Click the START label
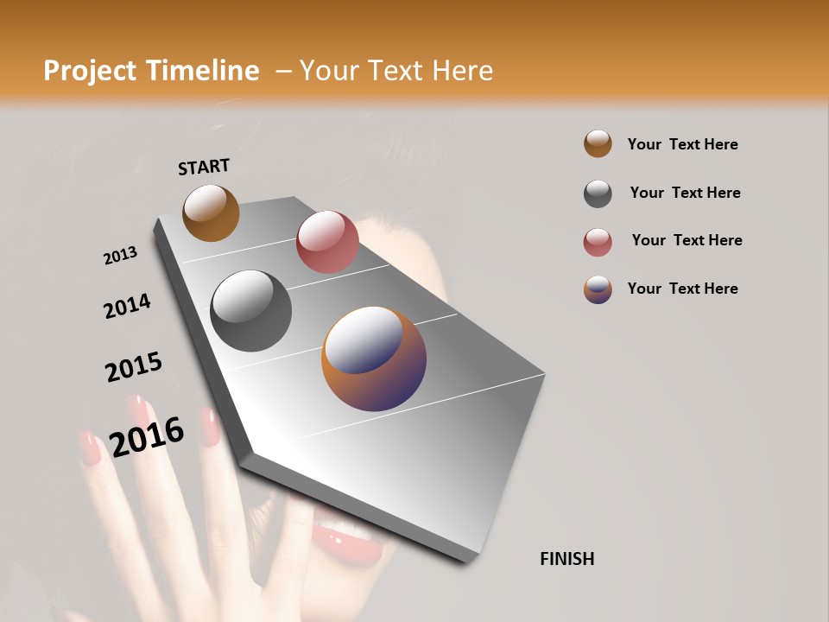pos(204,167)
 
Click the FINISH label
pos(566,559)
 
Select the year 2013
pos(120,256)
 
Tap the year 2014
pos(127,306)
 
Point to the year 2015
pos(134,367)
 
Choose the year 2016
pos(147,436)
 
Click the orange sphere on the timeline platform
pos(211,213)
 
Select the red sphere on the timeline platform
pos(327,242)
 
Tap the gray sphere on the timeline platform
pos(250,311)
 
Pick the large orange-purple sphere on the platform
pos(374,359)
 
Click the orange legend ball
pos(598,143)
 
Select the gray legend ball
pos(598,194)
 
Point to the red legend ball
pos(598,242)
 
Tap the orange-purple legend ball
pos(598,289)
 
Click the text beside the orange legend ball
pos(682,144)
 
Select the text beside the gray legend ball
pos(685,193)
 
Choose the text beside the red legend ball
pos(687,240)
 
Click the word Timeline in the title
pos(201,71)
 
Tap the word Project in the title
pos(89,71)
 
